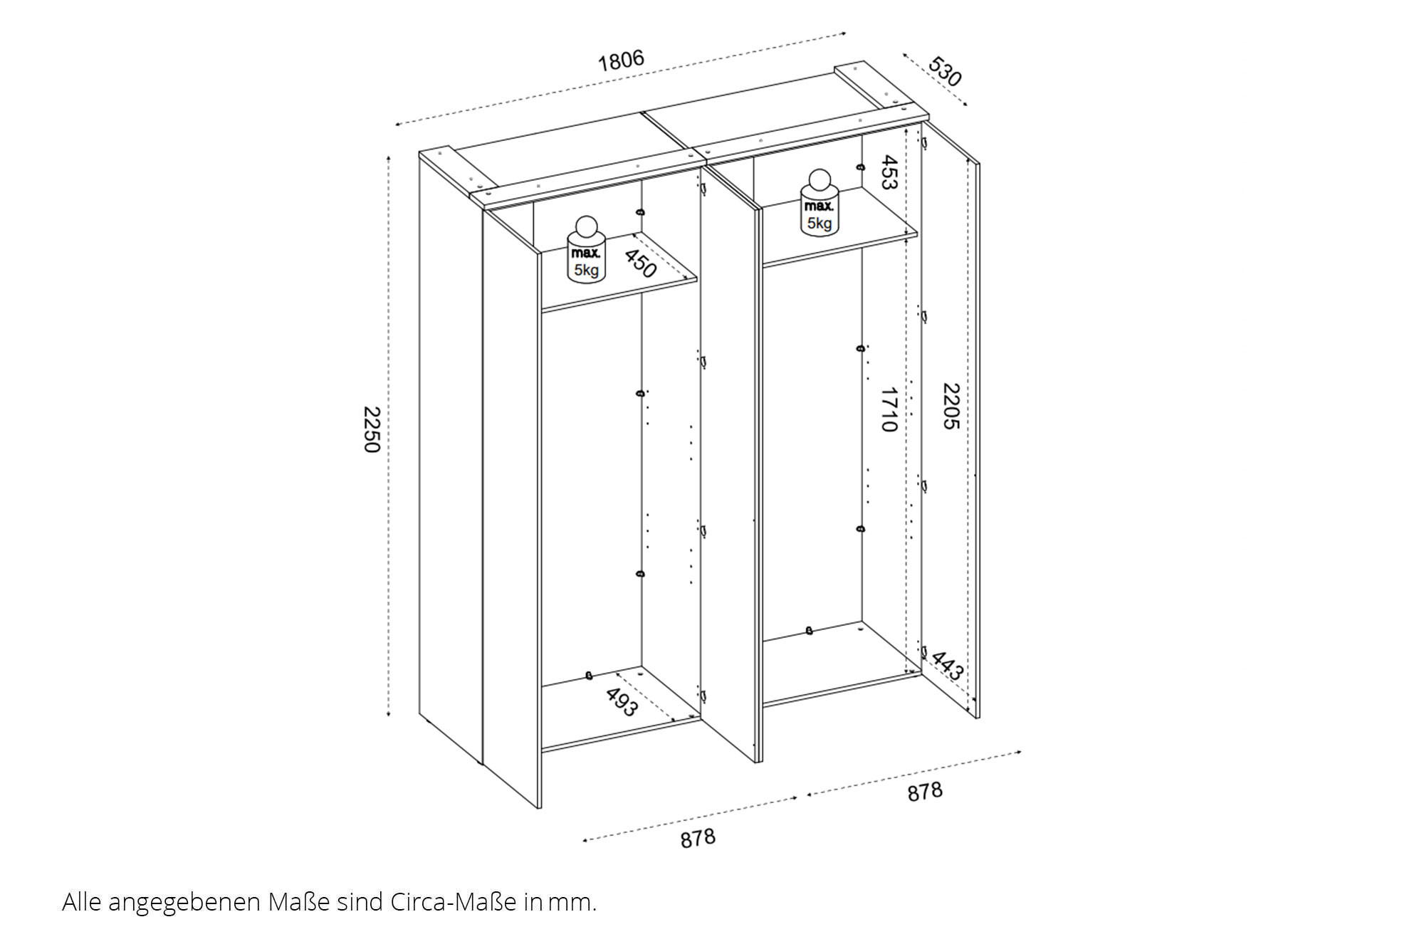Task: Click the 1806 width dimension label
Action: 621,61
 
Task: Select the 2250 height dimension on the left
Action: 372,429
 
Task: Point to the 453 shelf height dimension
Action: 888,172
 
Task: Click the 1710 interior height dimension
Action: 888,409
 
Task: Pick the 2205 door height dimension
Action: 951,406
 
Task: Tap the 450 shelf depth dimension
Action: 639,263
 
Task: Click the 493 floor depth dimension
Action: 622,701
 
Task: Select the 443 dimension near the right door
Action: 947,666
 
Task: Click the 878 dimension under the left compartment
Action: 698,838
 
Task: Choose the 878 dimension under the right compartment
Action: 925,791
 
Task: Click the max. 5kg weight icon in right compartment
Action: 820,202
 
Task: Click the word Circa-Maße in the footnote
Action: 453,902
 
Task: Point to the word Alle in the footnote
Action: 82,902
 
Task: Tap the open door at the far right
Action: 951,420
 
